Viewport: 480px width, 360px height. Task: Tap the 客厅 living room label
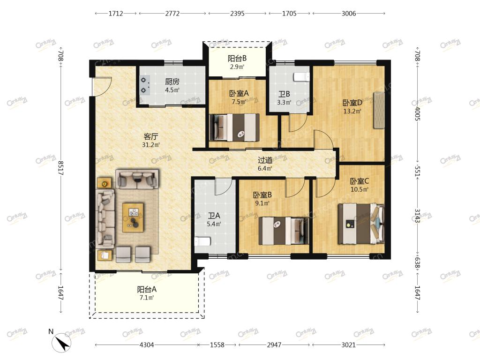click(x=150, y=136)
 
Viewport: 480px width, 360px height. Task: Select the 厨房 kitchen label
click(x=172, y=82)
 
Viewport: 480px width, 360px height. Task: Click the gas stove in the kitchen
click(x=144, y=85)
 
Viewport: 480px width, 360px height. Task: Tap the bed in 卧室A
click(x=234, y=127)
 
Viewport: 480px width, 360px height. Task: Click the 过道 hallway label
click(x=265, y=160)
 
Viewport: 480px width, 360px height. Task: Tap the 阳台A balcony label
click(x=147, y=289)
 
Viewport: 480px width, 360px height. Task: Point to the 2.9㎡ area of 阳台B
click(x=237, y=67)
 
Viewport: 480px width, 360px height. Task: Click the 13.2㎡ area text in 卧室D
click(x=352, y=111)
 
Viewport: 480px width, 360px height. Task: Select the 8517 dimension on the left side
click(x=60, y=168)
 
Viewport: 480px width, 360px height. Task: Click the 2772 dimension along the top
click(x=172, y=14)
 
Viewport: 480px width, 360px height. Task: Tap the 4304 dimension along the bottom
click(x=147, y=345)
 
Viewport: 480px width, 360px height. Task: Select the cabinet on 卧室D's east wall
click(x=379, y=110)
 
